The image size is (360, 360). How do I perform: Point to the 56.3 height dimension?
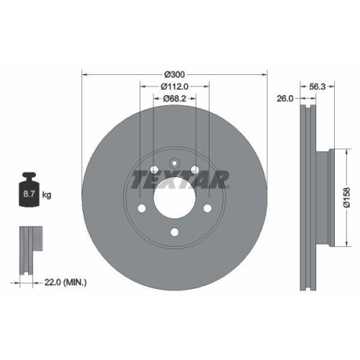coord(317,86)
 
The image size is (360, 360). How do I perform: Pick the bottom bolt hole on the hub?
coord(175,232)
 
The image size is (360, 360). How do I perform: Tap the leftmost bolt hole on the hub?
coord(142,209)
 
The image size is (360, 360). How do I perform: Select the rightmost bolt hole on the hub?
coord(208,209)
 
